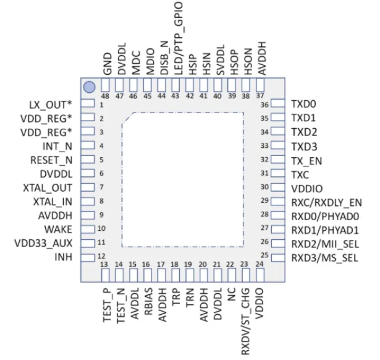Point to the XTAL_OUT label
51,187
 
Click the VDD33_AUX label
46,243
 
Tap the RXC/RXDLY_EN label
326,202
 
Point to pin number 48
105,96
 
